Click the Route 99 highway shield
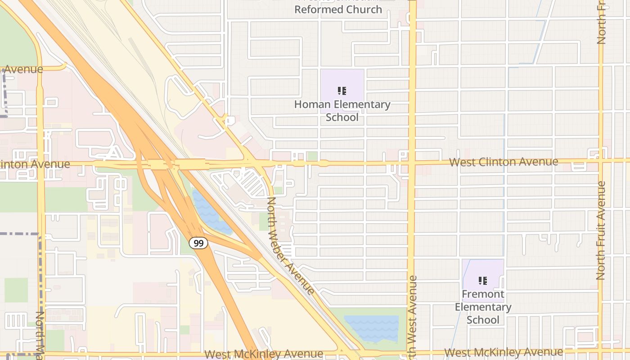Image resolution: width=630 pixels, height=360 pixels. [198, 243]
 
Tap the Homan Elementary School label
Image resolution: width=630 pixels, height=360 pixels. [342, 111]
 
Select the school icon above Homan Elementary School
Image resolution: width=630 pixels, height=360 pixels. [342, 91]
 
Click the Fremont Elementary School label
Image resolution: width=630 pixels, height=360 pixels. [483, 307]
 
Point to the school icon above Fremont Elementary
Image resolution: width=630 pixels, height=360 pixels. [483, 281]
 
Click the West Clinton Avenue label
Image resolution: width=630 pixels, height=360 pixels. [504, 162]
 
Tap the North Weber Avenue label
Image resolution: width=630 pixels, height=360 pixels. [290, 246]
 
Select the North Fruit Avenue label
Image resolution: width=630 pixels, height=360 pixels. [601, 230]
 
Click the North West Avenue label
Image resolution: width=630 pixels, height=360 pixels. [412, 315]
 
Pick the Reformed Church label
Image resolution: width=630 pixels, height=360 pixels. [338, 9]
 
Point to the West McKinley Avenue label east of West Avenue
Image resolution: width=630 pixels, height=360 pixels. [504, 352]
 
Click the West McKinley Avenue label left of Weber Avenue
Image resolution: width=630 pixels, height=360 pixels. [264, 354]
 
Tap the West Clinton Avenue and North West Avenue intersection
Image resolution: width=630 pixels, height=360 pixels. [411, 162]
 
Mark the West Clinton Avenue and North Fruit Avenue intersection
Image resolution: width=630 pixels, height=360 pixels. [601, 160]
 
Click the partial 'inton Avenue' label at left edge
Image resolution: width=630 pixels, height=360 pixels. [35, 164]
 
